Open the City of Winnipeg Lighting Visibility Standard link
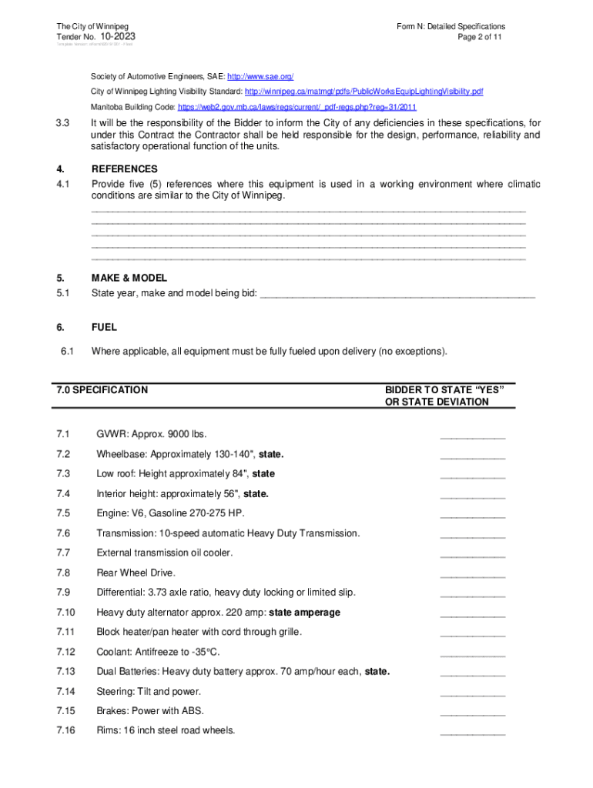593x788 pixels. click(x=364, y=92)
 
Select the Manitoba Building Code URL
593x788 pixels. click(x=296, y=107)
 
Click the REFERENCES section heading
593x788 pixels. click(x=124, y=169)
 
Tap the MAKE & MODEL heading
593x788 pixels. click(x=129, y=279)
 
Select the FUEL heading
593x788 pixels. click(x=104, y=328)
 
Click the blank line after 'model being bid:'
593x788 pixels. click(x=397, y=294)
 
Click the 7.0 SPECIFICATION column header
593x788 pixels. click(x=102, y=390)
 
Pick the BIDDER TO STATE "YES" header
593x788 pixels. click(x=444, y=390)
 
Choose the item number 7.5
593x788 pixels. click(x=63, y=513)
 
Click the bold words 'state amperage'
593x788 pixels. click(x=304, y=613)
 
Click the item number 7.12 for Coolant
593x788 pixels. click(x=65, y=652)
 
